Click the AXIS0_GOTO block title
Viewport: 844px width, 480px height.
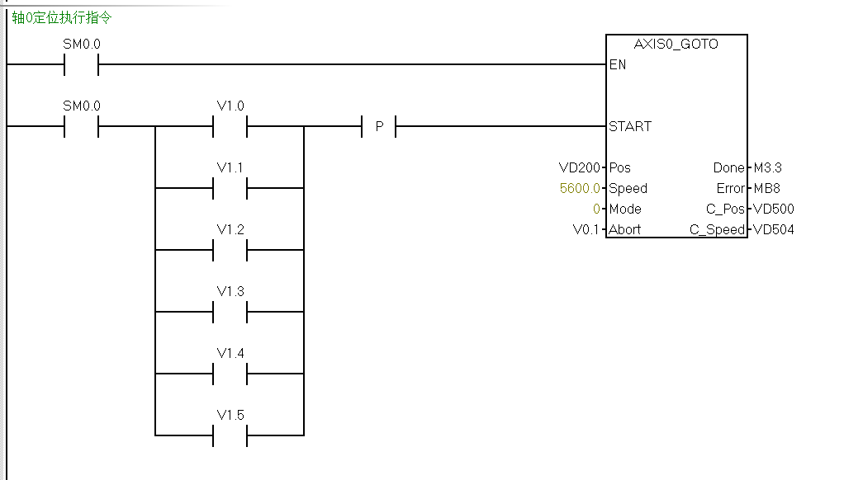[x=676, y=44]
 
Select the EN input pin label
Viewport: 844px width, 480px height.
[x=617, y=64]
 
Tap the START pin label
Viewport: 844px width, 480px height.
[x=629, y=126]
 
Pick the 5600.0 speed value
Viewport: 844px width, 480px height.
[x=580, y=188]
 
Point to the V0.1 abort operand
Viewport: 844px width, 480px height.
[x=586, y=229]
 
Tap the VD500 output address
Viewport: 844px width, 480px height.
[x=773, y=209]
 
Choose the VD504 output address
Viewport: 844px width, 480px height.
[x=773, y=229]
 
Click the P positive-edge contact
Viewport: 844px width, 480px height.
[x=379, y=126]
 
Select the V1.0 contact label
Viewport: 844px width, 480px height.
[x=230, y=106]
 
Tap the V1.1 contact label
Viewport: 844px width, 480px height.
[x=230, y=167]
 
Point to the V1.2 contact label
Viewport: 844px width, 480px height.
[x=230, y=229]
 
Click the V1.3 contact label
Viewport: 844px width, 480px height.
[x=230, y=291]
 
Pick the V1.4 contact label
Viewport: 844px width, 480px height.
[x=230, y=353]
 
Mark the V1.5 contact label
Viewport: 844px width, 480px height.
[x=230, y=415]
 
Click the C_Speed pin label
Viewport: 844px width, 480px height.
[x=717, y=229]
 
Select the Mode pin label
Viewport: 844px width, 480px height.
[x=624, y=209]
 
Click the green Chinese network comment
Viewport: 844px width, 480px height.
[x=61, y=17]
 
